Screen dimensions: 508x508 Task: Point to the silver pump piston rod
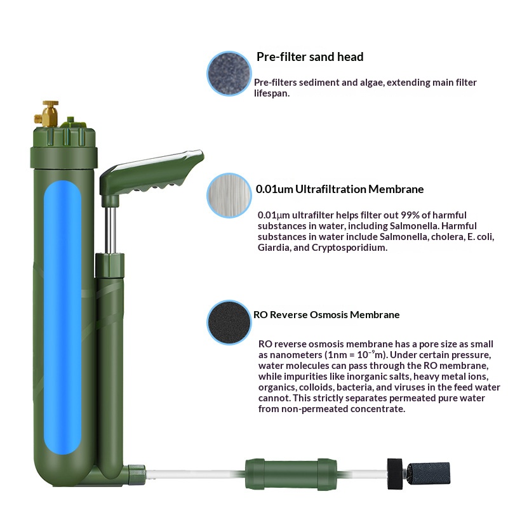click(111, 225)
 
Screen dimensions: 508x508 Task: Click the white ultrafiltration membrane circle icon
click(229, 195)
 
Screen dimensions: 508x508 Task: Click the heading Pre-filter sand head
click(310, 57)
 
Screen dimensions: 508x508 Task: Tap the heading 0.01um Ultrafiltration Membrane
click(340, 189)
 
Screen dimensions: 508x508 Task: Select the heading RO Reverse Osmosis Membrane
click(326, 314)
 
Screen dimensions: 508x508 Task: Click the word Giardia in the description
click(273, 248)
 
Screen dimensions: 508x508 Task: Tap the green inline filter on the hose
click(290, 473)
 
